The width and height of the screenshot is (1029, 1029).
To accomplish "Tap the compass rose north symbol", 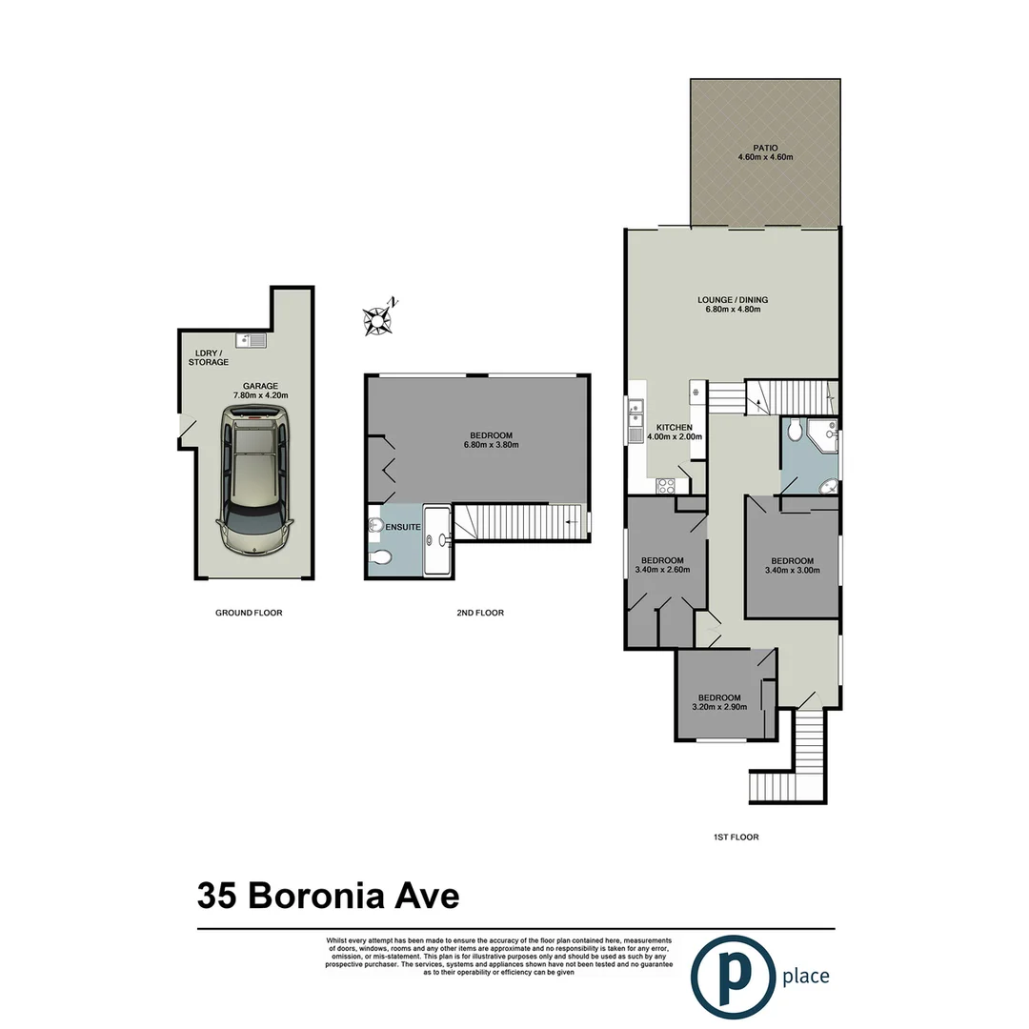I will (378, 320).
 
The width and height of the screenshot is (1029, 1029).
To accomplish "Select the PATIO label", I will (765, 148).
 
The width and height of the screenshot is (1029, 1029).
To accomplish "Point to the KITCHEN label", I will (674, 428).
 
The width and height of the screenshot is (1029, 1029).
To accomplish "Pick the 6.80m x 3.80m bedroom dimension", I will (491, 445).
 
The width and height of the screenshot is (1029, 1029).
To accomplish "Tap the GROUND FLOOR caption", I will (249, 613).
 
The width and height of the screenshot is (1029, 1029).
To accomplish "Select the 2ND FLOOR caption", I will (480, 613).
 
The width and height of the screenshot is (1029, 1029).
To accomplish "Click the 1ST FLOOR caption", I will (736, 837).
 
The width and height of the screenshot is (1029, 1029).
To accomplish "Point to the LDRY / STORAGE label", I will (208, 357).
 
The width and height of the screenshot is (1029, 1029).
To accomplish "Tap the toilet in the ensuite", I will (379, 557).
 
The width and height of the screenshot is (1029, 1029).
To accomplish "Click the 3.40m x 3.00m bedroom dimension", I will (792, 571).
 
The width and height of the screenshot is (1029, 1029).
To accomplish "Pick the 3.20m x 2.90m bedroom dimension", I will (719, 707).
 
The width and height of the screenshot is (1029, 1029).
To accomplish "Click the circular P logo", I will (732, 977).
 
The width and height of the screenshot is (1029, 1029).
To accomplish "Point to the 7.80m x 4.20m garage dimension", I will (260, 395).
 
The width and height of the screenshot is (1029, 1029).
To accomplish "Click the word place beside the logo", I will (806, 977).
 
